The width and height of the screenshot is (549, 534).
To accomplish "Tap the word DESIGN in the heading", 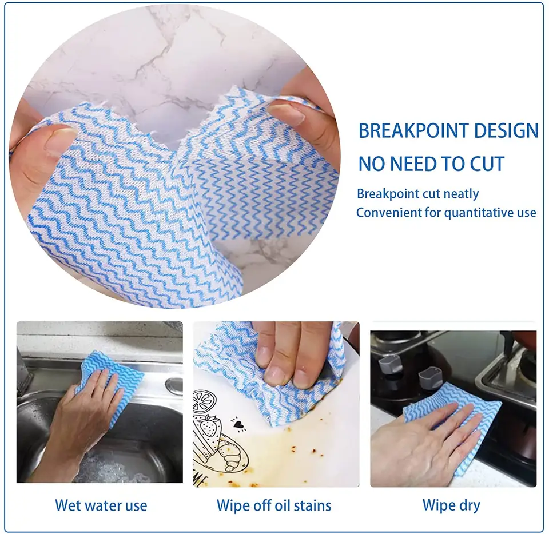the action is pos(506,131).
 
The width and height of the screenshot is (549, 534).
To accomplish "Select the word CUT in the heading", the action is pos(487,164).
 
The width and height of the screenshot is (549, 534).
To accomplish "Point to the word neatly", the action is pos(461,194).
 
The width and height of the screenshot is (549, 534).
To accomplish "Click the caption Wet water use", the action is pos(101,505).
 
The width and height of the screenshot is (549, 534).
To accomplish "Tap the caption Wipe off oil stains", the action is pos(274,505).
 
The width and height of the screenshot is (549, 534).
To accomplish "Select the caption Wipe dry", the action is pos(451,505).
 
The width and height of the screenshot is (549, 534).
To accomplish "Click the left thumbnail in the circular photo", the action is pos(59,141).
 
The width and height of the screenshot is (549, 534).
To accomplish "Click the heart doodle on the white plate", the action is pos(239,424).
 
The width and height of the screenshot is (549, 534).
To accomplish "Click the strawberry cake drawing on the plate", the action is pos(207,434).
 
